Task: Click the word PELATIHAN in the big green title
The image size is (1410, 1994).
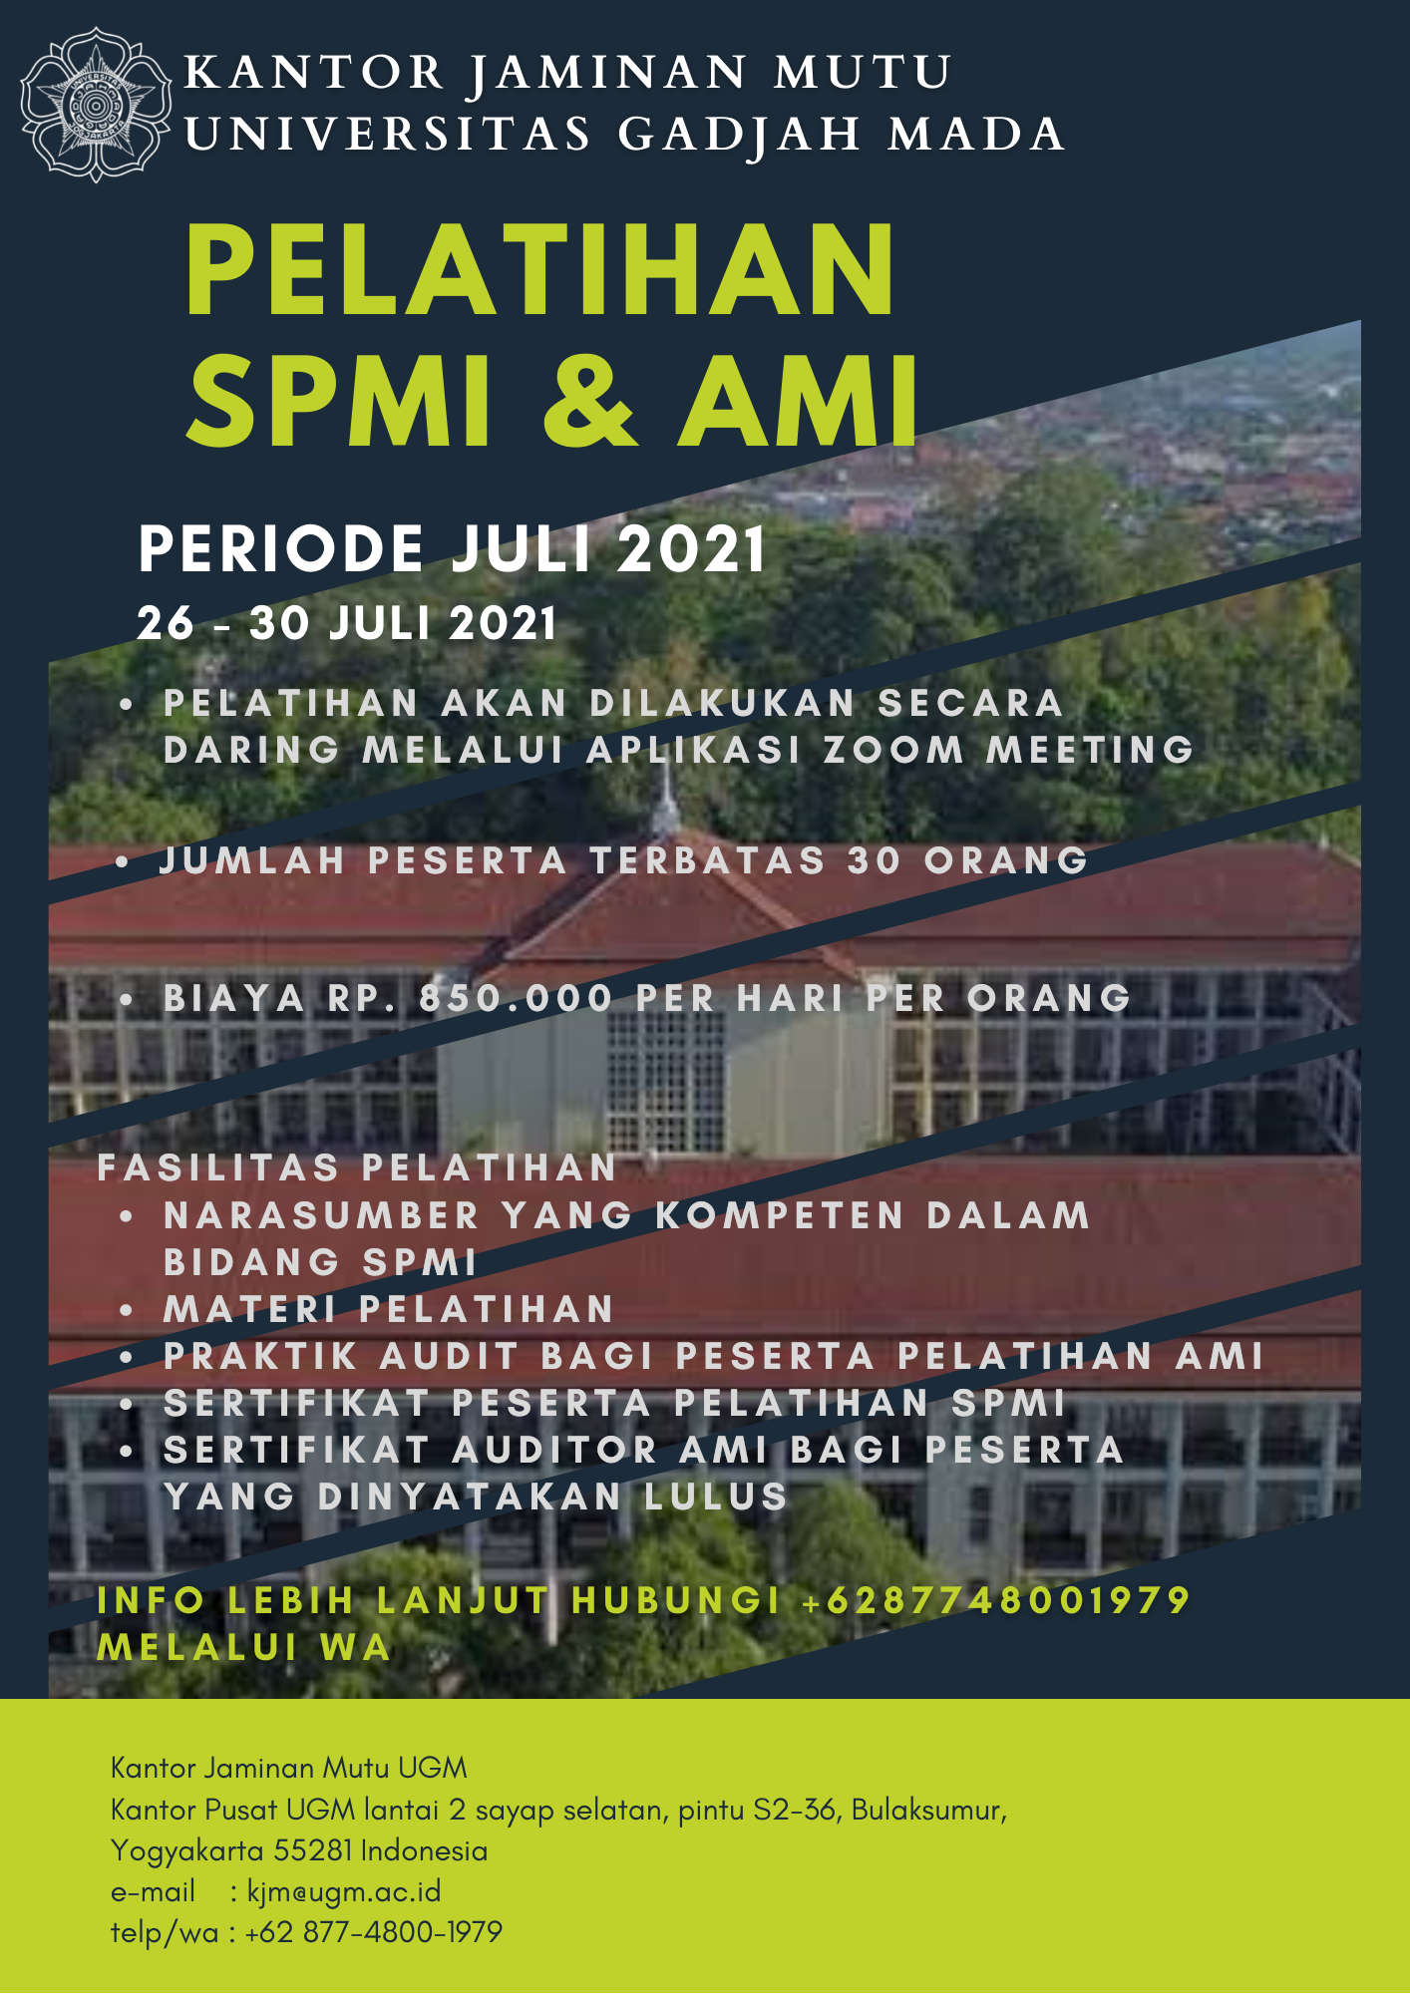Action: [x=540, y=270]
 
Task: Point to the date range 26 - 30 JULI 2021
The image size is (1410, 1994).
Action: [x=347, y=624]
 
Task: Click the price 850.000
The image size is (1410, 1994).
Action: [x=516, y=998]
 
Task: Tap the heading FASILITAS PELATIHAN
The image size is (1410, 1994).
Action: [x=357, y=1167]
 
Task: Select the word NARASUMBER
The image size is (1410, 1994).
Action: [x=322, y=1215]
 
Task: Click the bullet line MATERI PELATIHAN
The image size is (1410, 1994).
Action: [x=388, y=1309]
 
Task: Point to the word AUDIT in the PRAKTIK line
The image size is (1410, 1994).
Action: [x=450, y=1356]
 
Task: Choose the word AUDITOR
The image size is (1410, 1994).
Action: [x=554, y=1450]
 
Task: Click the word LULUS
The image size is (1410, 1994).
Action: [x=716, y=1496]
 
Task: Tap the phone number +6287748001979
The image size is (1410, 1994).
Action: [x=996, y=1600]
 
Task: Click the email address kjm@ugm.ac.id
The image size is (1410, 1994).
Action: [x=344, y=1891]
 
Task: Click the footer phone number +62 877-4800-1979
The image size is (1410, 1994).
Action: [x=373, y=1932]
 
